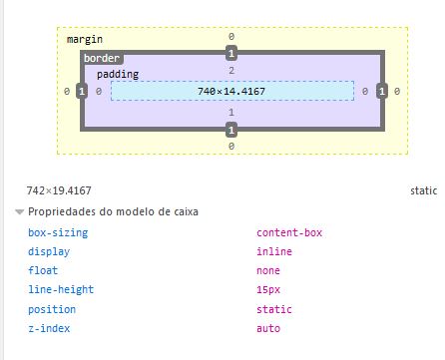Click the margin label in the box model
click(85, 38)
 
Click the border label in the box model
click(101, 59)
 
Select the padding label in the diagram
click(118, 75)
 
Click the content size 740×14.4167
click(230, 91)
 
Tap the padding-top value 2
click(230, 71)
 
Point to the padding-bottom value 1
click(230, 113)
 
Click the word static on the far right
click(423, 189)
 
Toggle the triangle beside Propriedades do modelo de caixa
click(19, 212)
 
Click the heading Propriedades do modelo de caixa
click(113, 212)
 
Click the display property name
click(49, 251)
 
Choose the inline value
click(274, 251)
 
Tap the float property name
click(43, 270)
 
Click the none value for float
click(268, 270)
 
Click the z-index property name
click(49, 328)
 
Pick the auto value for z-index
click(268, 328)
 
